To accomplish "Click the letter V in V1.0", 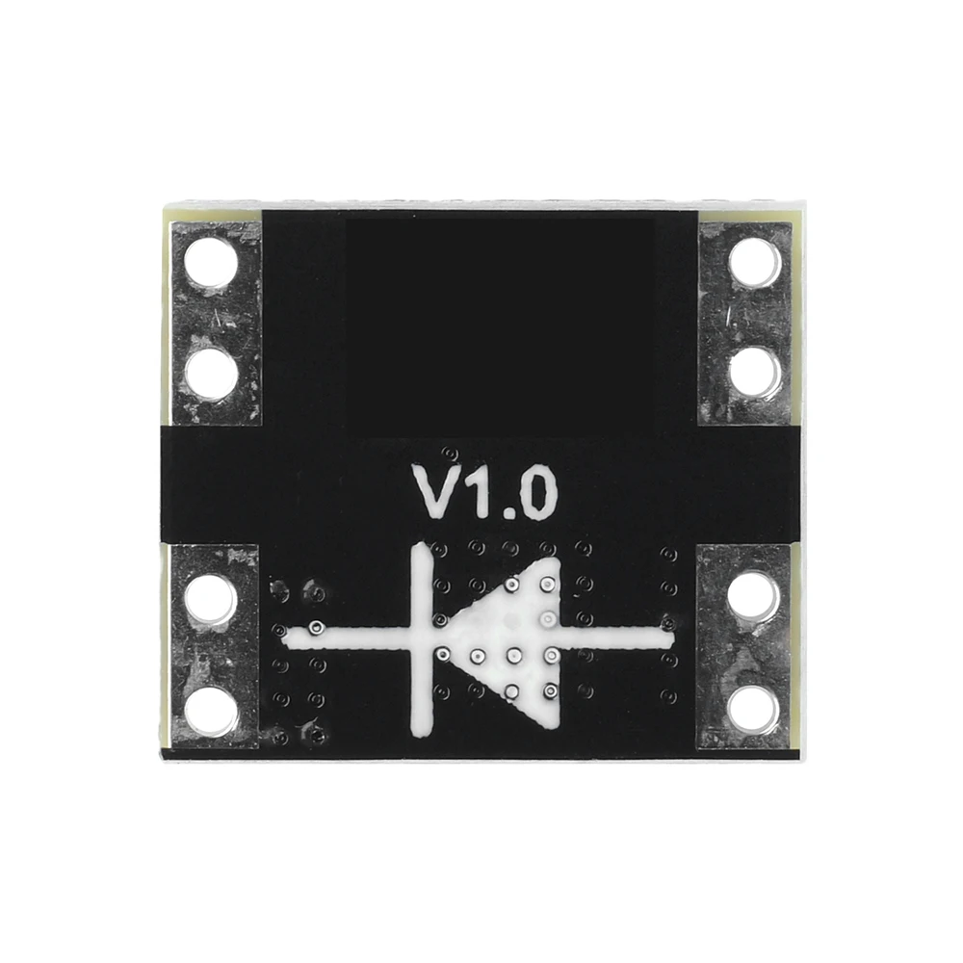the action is [x=436, y=492].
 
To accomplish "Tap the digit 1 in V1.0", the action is [x=477, y=492].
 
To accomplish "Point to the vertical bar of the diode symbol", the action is [x=422, y=638].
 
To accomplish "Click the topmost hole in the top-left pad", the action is [x=211, y=264].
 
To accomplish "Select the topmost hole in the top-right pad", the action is [x=754, y=264].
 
